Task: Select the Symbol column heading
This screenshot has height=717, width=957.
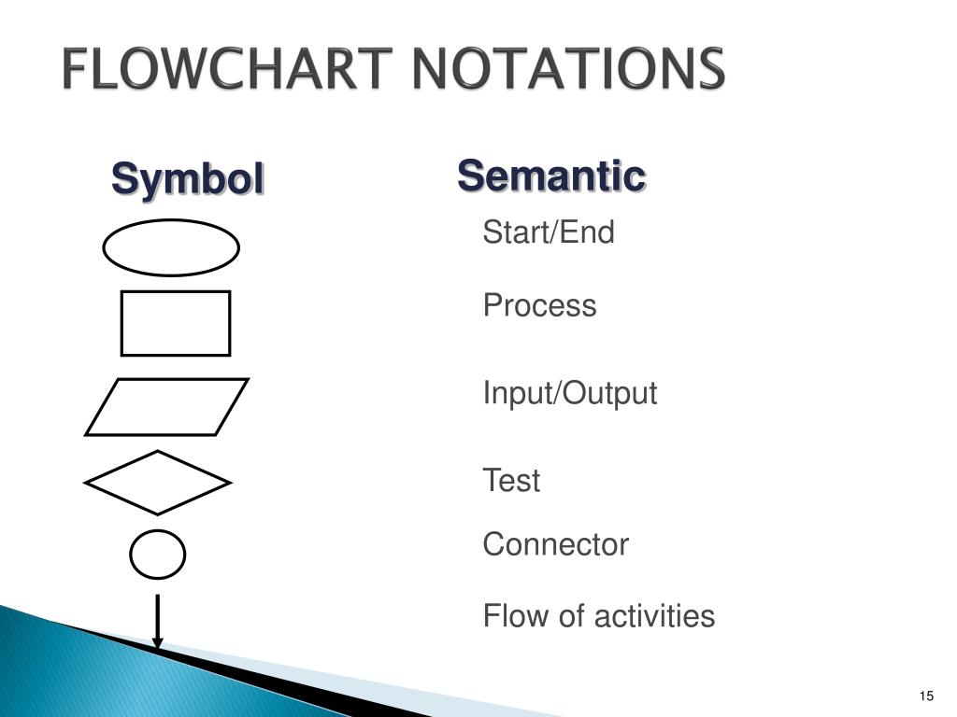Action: click(188, 178)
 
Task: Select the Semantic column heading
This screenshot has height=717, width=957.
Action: click(551, 176)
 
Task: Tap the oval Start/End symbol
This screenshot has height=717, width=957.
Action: click(171, 247)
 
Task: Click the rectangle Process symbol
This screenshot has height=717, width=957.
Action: click(176, 323)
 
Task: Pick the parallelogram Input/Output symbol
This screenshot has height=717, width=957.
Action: click(167, 407)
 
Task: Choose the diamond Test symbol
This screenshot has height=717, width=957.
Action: click(157, 483)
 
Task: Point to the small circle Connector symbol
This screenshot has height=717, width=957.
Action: click(157, 555)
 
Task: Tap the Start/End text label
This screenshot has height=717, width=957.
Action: click(549, 232)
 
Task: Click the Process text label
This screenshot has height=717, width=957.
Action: click(539, 306)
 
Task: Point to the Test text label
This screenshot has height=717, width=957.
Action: click(511, 482)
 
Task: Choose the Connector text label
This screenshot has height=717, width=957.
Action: click(555, 544)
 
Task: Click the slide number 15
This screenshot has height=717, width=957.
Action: click(926, 696)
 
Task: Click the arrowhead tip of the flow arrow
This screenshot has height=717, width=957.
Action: click(158, 644)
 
